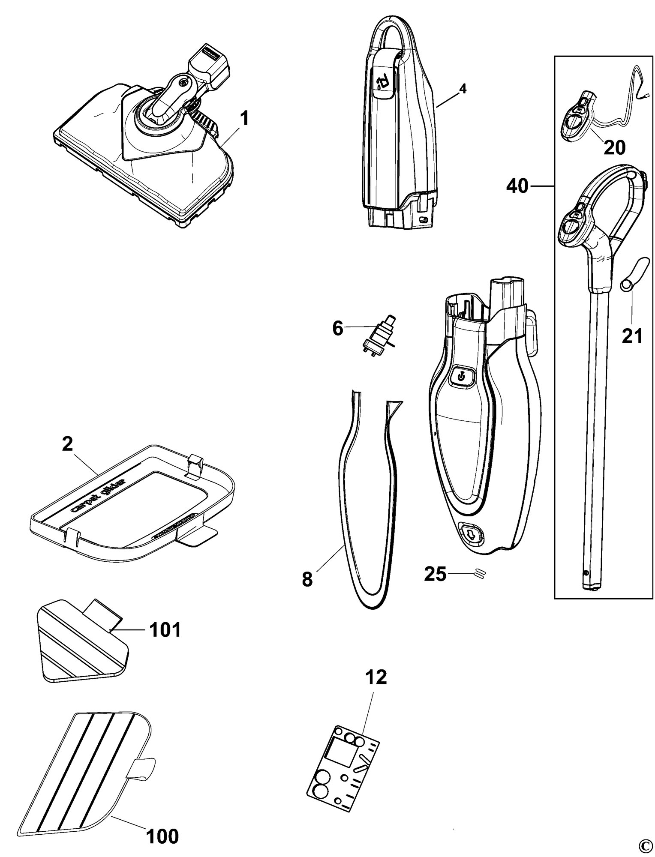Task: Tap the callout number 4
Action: tap(462, 89)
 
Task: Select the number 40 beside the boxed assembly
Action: tap(517, 187)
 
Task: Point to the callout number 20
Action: tap(615, 148)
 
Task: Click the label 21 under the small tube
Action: tap(633, 336)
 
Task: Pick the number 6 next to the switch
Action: tap(338, 329)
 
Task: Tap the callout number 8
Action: tap(307, 580)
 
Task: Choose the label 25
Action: tap(435, 574)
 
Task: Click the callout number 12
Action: tap(376, 677)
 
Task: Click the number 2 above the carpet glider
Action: tap(67, 445)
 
